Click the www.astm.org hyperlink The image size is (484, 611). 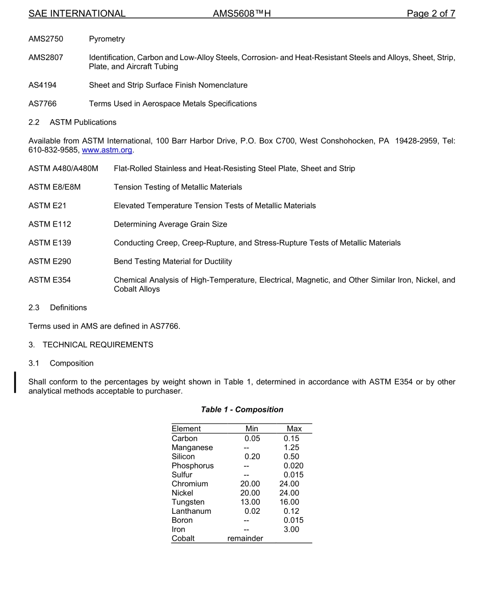(107, 150)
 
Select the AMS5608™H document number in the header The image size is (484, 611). (241, 14)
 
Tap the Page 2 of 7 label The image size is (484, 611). (431, 14)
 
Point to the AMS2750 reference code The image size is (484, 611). (46, 39)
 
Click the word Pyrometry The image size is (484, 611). (107, 39)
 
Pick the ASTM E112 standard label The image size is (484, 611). (49, 225)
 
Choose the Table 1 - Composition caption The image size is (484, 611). (242, 410)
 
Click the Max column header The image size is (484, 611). (294, 429)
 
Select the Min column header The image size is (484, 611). (252, 429)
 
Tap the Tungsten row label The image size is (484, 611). (188, 502)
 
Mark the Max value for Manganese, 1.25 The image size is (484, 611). (291, 448)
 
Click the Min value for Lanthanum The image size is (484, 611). (252, 511)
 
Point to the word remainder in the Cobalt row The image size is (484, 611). (245, 539)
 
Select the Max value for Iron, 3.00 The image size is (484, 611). (291, 530)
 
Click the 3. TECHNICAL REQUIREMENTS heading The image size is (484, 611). (91, 345)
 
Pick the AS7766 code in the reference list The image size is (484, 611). (42, 104)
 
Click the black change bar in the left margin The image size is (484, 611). (15, 382)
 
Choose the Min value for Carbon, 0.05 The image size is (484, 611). (252, 438)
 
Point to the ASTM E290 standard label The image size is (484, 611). (50, 262)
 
